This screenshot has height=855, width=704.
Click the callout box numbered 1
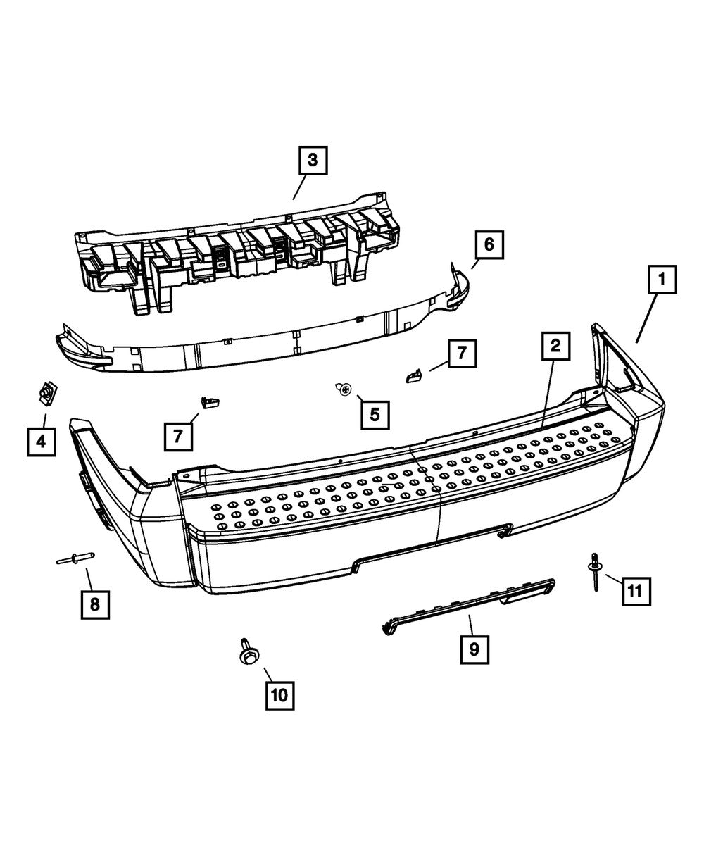(x=662, y=280)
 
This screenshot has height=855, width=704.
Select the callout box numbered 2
(x=555, y=346)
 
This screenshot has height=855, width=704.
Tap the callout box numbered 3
(x=313, y=160)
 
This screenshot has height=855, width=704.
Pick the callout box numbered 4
(x=42, y=442)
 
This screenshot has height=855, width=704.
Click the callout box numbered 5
(x=375, y=415)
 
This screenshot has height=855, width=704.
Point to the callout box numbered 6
(x=489, y=245)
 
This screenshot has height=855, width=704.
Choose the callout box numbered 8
(x=95, y=604)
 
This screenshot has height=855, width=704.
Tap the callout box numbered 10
(x=280, y=695)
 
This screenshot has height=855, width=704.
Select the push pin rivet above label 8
(x=75, y=558)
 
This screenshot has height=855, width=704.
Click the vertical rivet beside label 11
(x=595, y=571)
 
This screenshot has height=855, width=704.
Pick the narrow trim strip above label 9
(x=468, y=606)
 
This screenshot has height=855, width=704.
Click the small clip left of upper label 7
(x=413, y=375)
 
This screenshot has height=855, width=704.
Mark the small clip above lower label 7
(x=210, y=401)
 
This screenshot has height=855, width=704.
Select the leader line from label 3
(x=300, y=187)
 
